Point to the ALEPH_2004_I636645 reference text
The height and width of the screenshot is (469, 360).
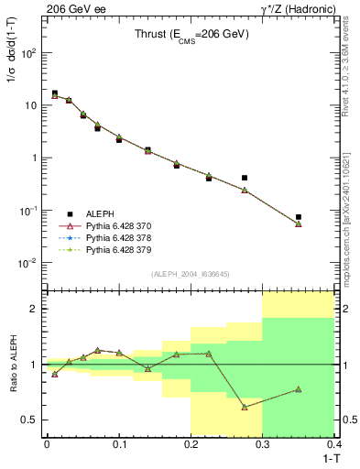[191, 273]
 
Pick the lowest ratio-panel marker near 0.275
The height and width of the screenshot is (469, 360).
[245, 407]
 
